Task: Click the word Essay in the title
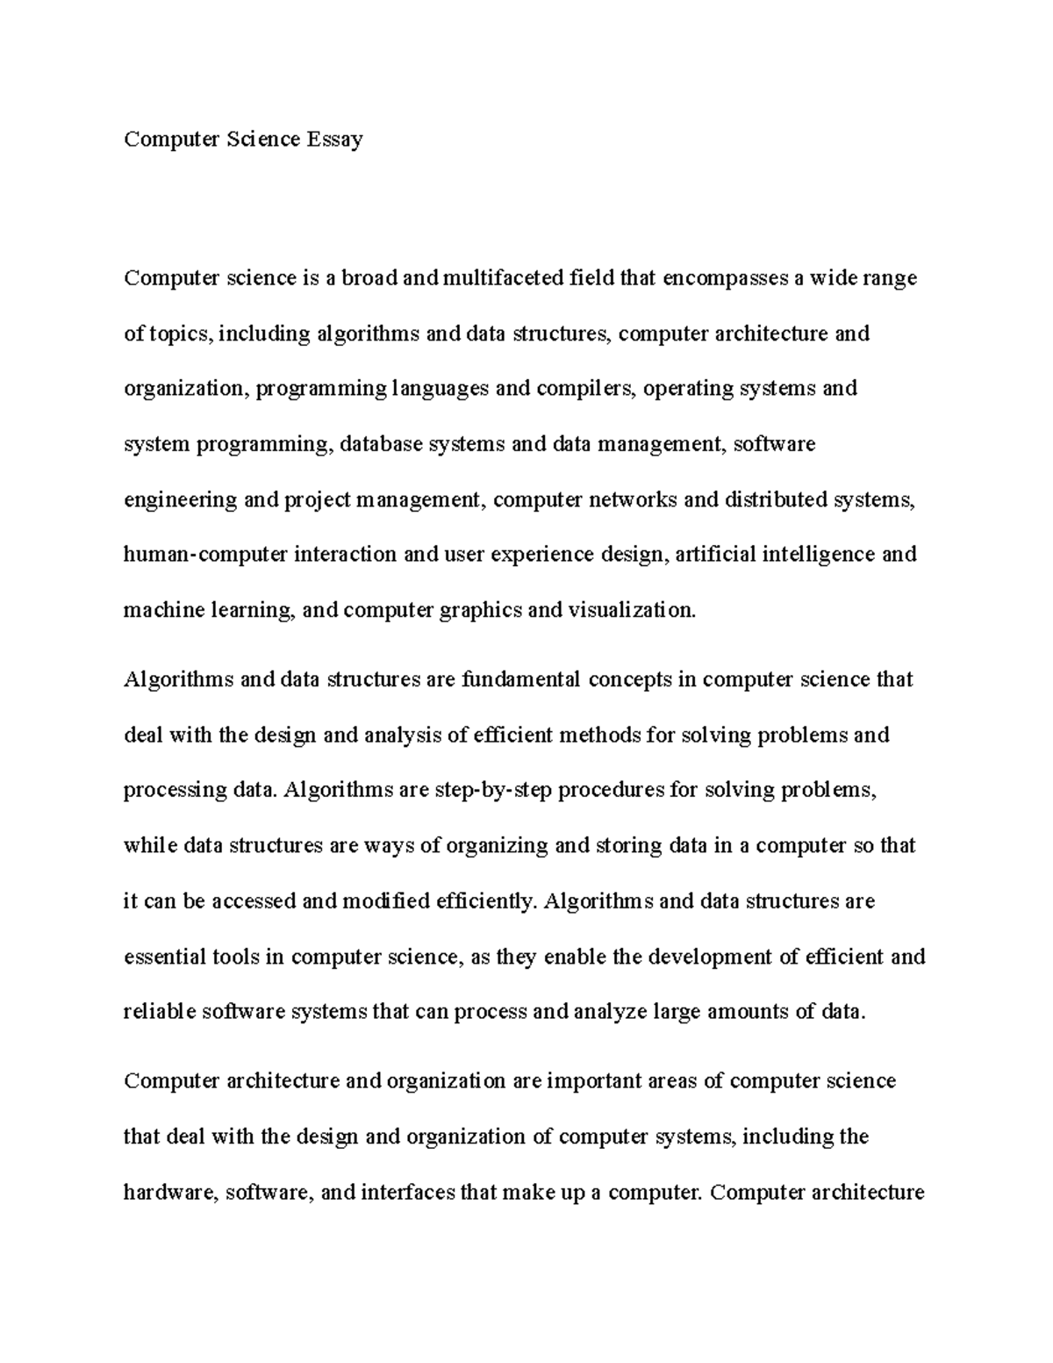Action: (334, 140)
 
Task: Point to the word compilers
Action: (584, 389)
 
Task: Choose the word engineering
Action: (180, 500)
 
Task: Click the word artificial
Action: (715, 555)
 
